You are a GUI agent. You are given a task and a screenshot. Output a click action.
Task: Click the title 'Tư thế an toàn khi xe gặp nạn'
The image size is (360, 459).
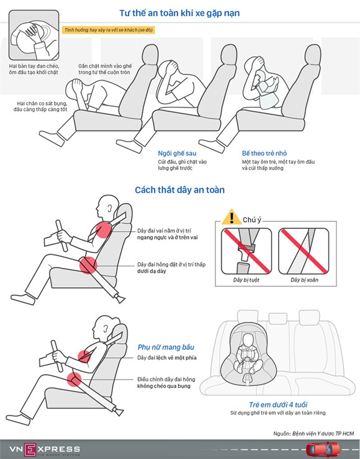pos(179,13)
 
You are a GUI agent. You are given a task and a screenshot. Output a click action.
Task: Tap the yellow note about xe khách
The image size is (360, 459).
pos(108,30)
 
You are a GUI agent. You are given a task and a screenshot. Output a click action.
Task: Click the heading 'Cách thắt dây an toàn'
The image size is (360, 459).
pos(179,190)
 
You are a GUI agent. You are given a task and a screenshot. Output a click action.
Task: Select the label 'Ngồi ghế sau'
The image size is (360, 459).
pos(177,153)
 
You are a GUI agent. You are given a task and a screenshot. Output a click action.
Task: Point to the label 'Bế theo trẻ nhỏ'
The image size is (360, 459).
pos(264,153)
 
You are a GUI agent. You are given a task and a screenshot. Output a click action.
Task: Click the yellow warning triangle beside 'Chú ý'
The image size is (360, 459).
pos(232,217)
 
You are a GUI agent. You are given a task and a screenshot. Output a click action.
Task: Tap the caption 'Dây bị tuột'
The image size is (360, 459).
pos(246,280)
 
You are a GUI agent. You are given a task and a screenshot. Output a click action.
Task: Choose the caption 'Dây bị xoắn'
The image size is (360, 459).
pos(304,280)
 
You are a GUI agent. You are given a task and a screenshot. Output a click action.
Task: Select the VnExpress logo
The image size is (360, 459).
pos(45,449)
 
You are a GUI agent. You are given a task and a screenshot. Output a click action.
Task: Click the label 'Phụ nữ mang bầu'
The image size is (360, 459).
pos(166,347)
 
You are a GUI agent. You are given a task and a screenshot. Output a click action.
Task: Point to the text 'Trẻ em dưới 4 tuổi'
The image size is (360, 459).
pos(278,404)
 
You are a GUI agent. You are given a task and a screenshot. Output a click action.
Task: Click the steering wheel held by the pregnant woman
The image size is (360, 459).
pos(57,355)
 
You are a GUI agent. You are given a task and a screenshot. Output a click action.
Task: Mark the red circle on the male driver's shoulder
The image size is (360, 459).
pos(104,229)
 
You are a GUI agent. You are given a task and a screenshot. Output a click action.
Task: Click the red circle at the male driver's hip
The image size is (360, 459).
pos(88,265)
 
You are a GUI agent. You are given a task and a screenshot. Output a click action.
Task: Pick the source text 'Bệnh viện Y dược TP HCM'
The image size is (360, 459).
pos(323,433)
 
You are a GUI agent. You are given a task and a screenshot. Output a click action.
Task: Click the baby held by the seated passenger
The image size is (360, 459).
pos(266,89)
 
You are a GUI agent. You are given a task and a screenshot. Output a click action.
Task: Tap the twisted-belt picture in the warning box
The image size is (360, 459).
pos(304,251)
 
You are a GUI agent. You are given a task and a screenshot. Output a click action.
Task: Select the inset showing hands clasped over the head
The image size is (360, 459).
pos(34,35)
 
